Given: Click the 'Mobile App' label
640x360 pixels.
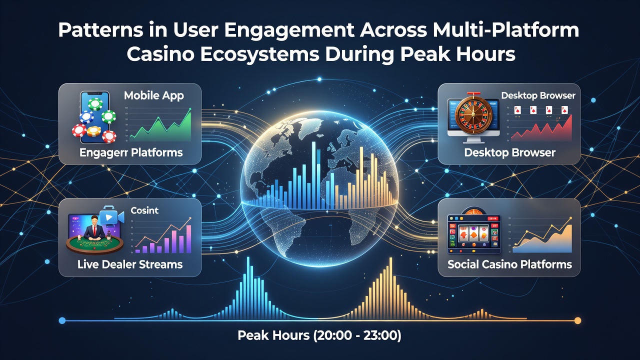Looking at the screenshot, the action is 154,95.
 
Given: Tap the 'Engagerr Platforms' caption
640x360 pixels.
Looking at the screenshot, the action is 131,152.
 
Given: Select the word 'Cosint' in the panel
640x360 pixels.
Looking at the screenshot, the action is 144,210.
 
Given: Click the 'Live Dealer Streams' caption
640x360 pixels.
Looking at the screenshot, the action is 130,264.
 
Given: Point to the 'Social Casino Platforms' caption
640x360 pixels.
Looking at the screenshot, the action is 509,264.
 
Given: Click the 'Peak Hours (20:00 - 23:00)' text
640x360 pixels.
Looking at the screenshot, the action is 319,335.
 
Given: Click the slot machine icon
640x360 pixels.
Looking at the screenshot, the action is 473,232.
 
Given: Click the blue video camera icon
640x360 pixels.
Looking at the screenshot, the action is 111,217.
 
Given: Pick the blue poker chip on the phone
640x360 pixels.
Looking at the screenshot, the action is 86,117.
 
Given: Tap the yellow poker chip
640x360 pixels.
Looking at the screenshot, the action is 94,131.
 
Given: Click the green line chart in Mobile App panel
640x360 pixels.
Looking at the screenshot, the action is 160,125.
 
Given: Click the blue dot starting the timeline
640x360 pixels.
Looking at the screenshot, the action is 62,320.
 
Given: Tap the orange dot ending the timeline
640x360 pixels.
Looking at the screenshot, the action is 577,320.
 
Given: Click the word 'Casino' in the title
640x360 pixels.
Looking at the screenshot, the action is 160,54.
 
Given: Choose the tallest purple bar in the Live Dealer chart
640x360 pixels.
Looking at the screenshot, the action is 188,239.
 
